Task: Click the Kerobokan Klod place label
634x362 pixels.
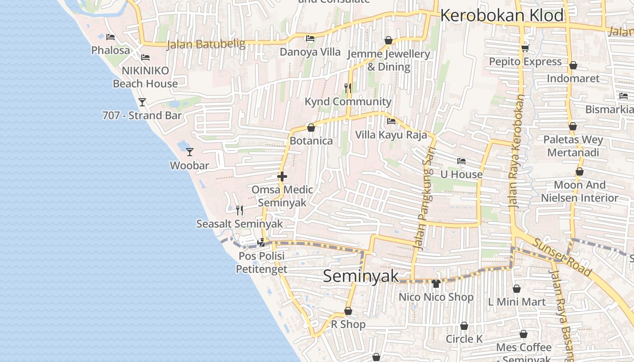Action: pyautogui.click(x=502, y=15)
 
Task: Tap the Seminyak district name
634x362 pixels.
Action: pyautogui.click(x=361, y=276)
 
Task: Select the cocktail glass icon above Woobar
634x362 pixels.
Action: pyautogui.click(x=190, y=152)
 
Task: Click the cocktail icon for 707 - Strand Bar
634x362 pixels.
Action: pyautogui.click(x=142, y=102)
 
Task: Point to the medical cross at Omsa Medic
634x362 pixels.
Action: pyautogui.click(x=282, y=176)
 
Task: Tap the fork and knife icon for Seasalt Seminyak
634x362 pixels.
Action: pyautogui.click(x=240, y=210)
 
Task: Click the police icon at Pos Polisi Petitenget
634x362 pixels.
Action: pyautogui.click(x=261, y=243)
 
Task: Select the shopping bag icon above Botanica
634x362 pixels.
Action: pyautogui.click(x=311, y=128)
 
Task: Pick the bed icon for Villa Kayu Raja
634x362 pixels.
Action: pyautogui.click(x=391, y=121)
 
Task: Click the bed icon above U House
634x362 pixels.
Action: pyautogui.click(x=461, y=161)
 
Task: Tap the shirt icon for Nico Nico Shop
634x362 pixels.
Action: pyautogui.click(x=436, y=284)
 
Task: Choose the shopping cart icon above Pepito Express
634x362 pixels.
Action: pyautogui.click(x=525, y=48)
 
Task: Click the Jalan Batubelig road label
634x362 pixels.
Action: pyautogui.click(x=206, y=44)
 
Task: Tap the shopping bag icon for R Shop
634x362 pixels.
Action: pyautogui.click(x=348, y=311)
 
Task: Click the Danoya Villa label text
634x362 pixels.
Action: pyautogui.click(x=310, y=52)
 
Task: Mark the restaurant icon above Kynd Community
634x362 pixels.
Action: pyautogui.click(x=348, y=88)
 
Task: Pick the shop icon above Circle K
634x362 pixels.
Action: pyautogui.click(x=464, y=326)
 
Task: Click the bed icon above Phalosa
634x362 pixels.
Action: pyautogui.click(x=110, y=37)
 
